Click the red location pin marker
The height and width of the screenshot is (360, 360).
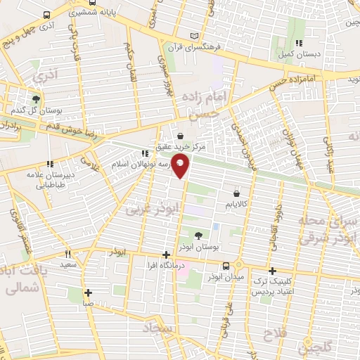[181, 167]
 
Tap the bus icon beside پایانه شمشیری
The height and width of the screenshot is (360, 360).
[46, 15]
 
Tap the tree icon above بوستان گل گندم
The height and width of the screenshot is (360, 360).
[36, 98]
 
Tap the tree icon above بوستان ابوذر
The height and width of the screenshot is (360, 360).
[200, 236]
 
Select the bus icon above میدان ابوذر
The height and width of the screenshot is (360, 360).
[226, 266]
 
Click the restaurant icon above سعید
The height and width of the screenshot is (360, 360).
[68, 254]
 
